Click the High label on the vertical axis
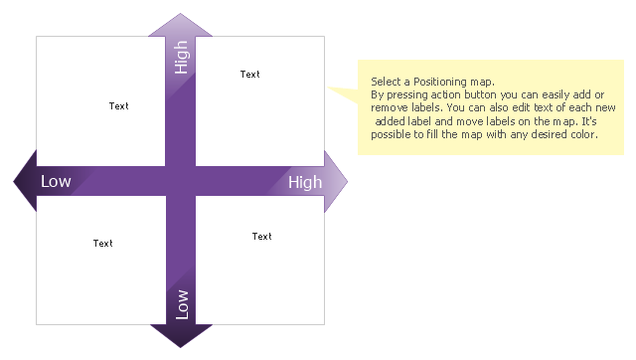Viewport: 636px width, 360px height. pos(181,58)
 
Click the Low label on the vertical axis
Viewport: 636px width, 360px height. pos(182,304)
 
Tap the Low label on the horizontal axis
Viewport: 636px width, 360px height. pos(56,181)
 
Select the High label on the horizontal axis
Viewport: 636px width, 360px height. pos(305,183)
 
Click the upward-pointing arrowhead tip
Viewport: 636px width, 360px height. pos(181,13)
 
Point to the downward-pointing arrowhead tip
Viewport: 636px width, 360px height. pos(181,347)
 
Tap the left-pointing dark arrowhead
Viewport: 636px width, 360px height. pos(25,181)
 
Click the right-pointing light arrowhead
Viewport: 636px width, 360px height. pos(336,181)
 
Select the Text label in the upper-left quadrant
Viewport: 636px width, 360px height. pos(119,106)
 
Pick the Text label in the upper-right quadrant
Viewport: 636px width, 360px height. pos(249,75)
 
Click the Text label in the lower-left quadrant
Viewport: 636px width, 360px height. pos(103,244)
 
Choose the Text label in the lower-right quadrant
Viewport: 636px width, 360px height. pos(262,237)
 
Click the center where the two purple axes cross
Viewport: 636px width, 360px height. pos(181,181)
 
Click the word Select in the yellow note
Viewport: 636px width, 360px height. pos(386,82)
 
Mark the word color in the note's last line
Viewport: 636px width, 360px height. pos(584,134)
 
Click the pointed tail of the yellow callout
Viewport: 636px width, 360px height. pos(328,87)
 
